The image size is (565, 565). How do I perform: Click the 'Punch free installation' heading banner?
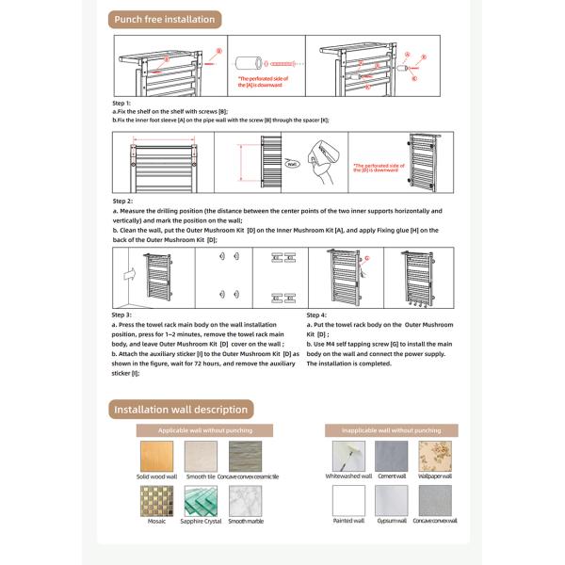[x=164, y=20]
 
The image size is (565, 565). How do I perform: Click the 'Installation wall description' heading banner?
[x=181, y=410]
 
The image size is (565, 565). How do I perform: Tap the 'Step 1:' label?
[x=122, y=103]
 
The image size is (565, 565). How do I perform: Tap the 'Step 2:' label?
[x=122, y=201]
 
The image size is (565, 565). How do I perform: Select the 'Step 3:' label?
[x=122, y=314]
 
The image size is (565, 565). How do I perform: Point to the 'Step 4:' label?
[x=317, y=314]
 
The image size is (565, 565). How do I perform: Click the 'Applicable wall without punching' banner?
[x=204, y=430]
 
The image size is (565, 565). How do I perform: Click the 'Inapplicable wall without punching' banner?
[x=389, y=430]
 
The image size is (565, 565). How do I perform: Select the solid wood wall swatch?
[x=156, y=457]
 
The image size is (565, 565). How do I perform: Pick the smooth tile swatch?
[x=201, y=457]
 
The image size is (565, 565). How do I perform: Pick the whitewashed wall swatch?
[x=347, y=457]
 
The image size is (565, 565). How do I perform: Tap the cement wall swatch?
[x=392, y=457]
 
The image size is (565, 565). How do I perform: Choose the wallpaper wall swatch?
[x=435, y=457]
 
